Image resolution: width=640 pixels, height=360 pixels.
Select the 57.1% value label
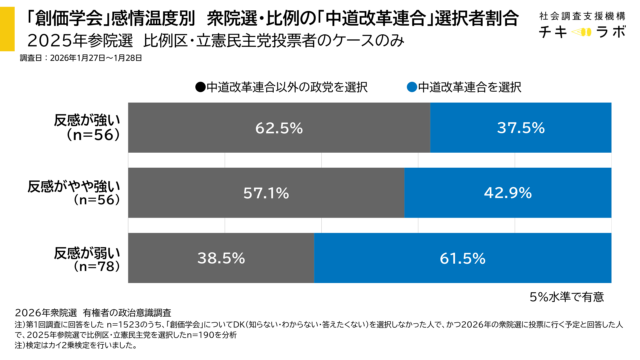(266, 192)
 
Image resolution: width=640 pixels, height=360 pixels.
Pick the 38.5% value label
(221, 258)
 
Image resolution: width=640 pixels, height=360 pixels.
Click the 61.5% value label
(461, 258)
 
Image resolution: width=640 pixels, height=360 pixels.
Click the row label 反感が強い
(88, 121)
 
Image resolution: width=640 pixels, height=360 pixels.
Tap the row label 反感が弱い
(88, 250)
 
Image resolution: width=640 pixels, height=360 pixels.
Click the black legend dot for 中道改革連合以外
(200, 87)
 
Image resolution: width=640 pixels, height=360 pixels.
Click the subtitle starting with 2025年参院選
(191, 42)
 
